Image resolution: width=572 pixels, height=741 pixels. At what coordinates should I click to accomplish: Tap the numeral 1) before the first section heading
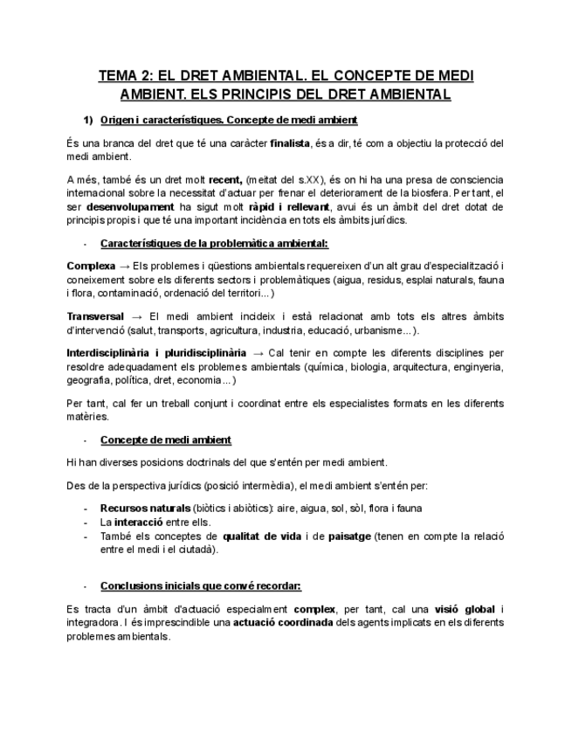[88, 119]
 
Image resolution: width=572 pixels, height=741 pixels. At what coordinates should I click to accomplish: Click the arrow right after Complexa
[126, 265]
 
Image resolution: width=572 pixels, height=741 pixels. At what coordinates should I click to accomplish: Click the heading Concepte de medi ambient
[166, 439]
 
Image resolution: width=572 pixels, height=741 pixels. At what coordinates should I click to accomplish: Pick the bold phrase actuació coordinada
[282, 622]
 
